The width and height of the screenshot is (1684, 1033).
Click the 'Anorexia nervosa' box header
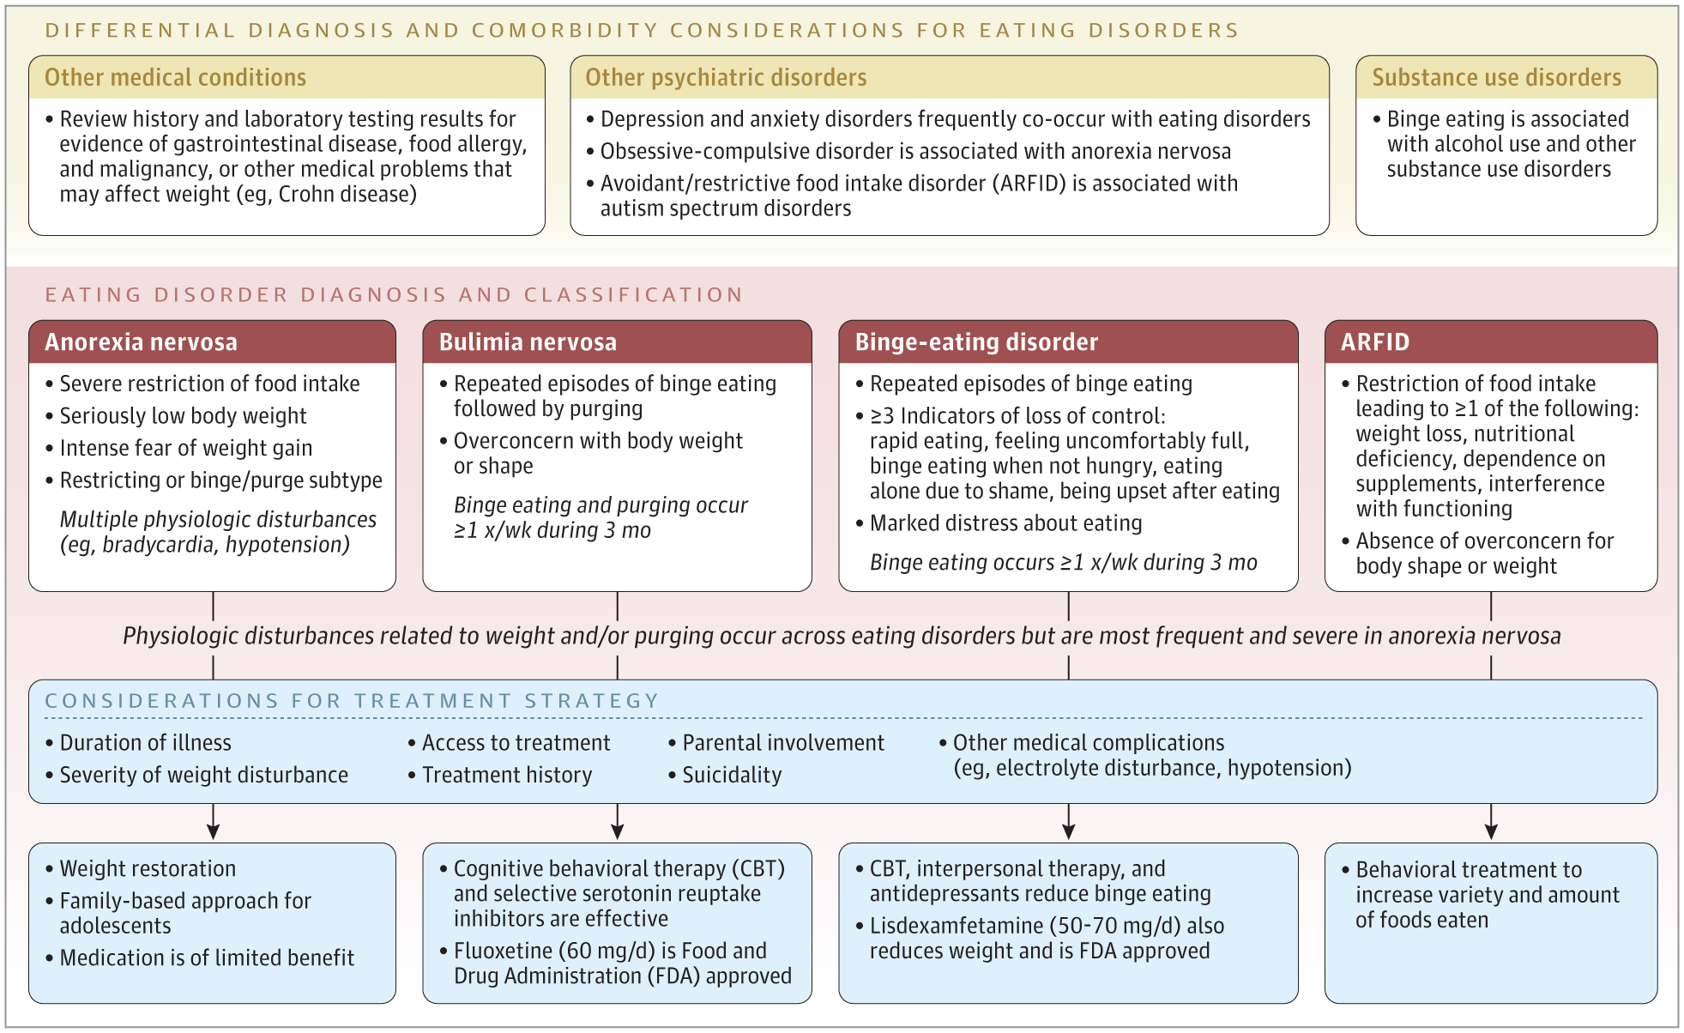pos(141,342)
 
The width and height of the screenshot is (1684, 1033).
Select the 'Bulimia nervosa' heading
pos(528,342)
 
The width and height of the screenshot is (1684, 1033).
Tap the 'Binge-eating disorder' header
pos(976,342)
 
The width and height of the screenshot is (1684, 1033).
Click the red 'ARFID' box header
pos(1375,342)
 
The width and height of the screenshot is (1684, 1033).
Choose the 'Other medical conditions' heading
pos(175,77)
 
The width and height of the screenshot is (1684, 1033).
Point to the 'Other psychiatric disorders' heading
pos(726,77)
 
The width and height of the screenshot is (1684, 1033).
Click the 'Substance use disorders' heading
pos(1496,77)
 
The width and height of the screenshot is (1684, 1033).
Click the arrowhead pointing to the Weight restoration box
pos(213,831)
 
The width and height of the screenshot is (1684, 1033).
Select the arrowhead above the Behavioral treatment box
pos(1491,831)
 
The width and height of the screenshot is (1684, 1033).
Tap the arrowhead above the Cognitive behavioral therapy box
pos(618,831)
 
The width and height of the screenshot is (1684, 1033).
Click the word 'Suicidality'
pos(732,776)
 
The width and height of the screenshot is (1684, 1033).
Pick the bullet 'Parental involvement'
pos(776,743)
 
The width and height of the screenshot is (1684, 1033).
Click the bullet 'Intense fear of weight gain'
pos(178,449)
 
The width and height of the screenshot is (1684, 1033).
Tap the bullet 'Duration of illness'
pos(138,743)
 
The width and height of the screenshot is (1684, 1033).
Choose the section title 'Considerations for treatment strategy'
pos(352,701)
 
